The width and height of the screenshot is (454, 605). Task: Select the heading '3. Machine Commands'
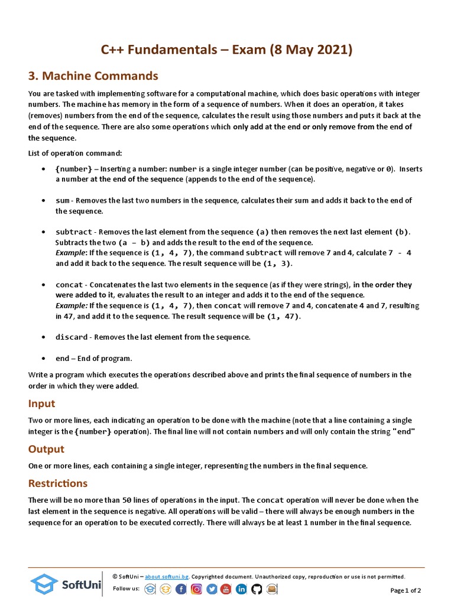click(x=93, y=76)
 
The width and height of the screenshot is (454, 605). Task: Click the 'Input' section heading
click(x=42, y=404)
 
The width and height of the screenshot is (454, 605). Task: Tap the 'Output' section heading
click(x=46, y=449)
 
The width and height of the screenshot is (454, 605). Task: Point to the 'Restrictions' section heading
click(x=58, y=483)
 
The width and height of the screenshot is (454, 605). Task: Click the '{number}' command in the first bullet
click(x=74, y=169)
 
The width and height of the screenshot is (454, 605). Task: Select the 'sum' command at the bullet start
click(x=63, y=201)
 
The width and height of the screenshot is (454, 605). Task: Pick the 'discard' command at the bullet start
click(x=71, y=337)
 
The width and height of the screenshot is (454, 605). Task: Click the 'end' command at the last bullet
click(x=62, y=358)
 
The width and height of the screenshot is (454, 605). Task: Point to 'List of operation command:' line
click(x=75, y=153)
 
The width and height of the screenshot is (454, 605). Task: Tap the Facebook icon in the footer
click(x=181, y=589)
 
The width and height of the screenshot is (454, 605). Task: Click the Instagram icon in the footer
click(x=196, y=589)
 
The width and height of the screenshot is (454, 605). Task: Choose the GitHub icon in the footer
click(x=257, y=589)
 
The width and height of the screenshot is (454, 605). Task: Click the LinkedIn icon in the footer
click(x=241, y=589)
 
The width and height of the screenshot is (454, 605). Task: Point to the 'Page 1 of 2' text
click(x=406, y=590)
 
